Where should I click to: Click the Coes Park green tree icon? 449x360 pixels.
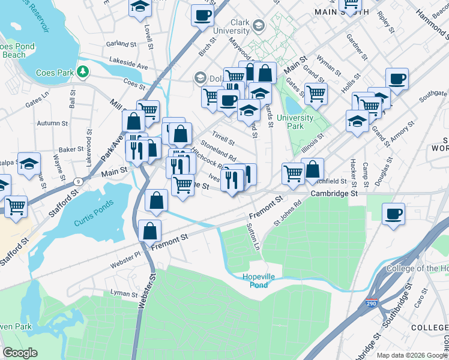[83, 73]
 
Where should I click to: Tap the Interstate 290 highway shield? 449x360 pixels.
[372, 305]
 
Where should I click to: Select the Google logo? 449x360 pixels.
[20, 353]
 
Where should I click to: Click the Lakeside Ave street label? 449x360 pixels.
[128, 63]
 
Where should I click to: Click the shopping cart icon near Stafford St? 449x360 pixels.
[16, 206]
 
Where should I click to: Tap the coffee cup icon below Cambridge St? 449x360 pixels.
[393, 213]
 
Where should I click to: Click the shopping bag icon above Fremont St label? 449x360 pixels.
[149, 230]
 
